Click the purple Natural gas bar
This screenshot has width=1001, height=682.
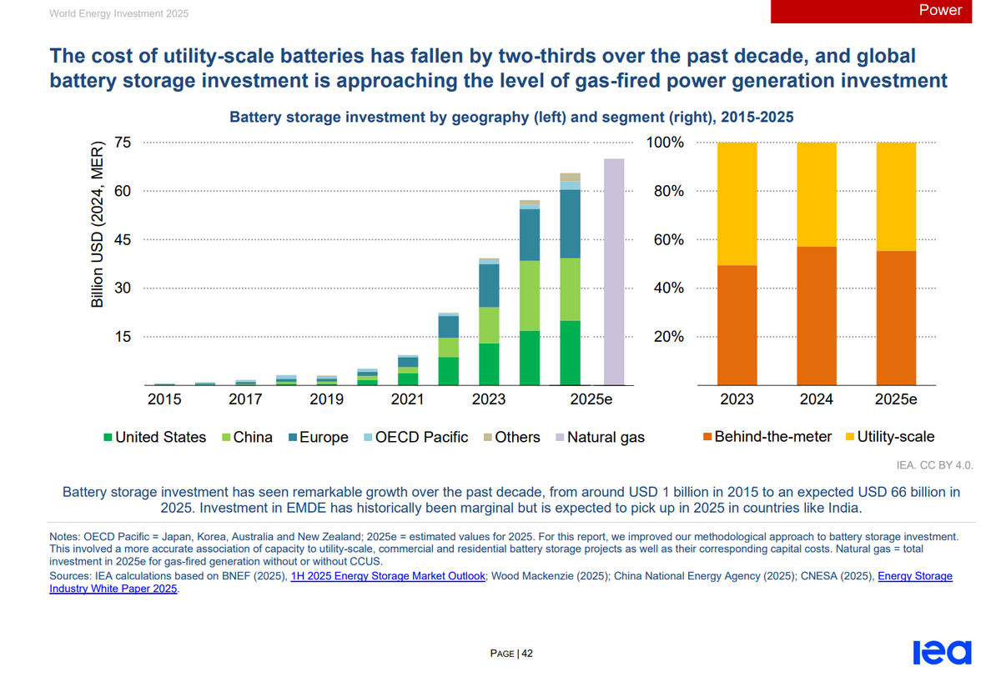click(614, 272)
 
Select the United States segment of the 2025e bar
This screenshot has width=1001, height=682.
click(570, 353)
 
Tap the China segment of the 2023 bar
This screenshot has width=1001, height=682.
click(489, 325)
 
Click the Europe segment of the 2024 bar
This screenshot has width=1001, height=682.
click(530, 234)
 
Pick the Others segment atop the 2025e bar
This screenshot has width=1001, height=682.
click(570, 177)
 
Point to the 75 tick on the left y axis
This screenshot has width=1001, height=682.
click(123, 143)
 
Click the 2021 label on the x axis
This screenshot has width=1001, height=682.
click(407, 399)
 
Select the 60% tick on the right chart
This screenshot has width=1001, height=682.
click(666, 240)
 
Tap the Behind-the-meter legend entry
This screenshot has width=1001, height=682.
click(767, 437)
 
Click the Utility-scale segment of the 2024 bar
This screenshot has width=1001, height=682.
click(817, 194)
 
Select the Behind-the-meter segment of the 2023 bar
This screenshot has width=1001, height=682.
click(737, 325)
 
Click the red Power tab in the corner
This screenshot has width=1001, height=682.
click(884, 11)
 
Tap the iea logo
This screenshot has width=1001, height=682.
click(942, 653)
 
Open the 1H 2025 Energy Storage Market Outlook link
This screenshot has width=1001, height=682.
click(388, 576)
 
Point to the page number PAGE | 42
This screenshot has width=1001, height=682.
click(511, 654)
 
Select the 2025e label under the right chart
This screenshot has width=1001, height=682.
click(896, 399)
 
